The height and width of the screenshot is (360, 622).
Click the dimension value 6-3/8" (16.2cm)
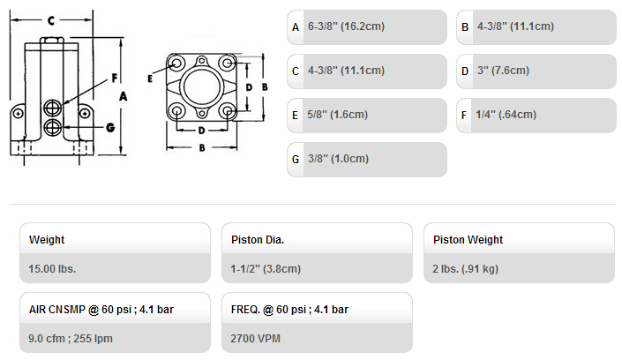click(x=347, y=26)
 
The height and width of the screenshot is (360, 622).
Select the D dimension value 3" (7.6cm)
click(x=504, y=71)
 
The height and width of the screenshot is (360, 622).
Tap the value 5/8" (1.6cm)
click(x=338, y=115)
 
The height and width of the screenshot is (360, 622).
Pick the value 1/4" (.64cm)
click(x=506, y=115)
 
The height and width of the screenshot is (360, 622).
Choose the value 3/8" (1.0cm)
click(x=339, y=159)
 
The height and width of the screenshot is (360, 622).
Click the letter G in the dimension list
click(x=296, y=160)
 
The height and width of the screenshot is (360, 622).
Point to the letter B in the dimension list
click(x=465, y=27)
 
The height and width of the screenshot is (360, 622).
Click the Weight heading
click(x=47, y=240)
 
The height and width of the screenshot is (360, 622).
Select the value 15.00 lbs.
click(x=52, y=269)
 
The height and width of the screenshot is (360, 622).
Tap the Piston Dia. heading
click(x=258, y=240)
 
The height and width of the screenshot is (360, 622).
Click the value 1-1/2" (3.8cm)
click(x=266, y=269)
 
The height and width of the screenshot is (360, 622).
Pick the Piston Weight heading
click(x=468, y=240)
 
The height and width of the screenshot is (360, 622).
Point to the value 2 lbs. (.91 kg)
click(x=465, y=269)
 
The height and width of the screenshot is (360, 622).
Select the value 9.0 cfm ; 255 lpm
click(x=71, y=339)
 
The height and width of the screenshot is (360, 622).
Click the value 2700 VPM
click(x=256, y=339)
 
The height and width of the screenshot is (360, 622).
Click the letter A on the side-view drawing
click(x=123, y=96)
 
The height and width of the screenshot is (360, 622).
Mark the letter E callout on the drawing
click(x=150, y=79)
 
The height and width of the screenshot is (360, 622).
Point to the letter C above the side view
click(x=51, y=20)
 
